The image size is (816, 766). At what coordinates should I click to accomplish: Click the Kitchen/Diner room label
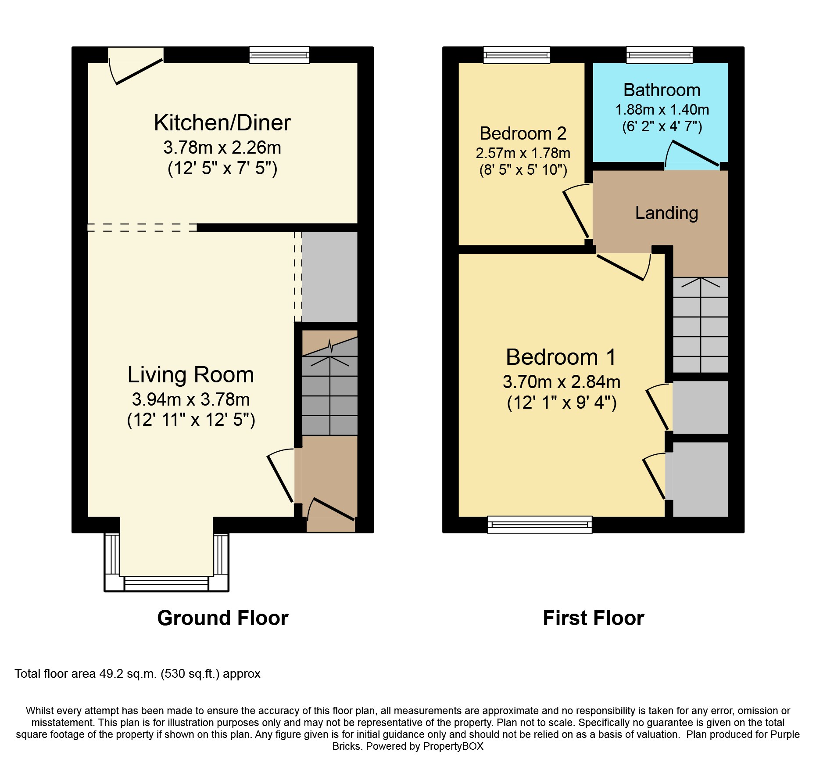[x=222, y=123]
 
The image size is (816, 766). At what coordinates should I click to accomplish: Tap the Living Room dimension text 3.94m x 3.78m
[x=191, y=399]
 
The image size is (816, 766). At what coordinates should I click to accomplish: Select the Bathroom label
[x=662, y=90]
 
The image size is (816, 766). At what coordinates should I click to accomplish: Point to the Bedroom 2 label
[x=523, y=133]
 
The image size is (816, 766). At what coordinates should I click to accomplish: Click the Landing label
[x=666, y=213]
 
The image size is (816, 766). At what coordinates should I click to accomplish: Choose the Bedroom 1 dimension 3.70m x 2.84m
[x=562, y=382]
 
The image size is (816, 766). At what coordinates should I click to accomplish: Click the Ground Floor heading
[x=223, y=618]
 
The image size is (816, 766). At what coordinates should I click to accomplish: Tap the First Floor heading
[x=594, y=618]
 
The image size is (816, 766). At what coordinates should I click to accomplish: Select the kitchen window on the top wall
[x=279, y=55]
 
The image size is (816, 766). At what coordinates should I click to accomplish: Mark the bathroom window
[x=660, y=55]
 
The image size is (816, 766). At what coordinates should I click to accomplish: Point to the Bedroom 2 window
[x=517, y=55]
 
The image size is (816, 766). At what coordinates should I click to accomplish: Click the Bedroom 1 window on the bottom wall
[x=540, y=525]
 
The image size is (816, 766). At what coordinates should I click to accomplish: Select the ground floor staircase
[x=329, y=383]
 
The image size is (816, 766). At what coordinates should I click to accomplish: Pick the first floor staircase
[x=701, y=325]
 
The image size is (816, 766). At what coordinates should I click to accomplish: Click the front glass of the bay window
[x=166, y=583]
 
